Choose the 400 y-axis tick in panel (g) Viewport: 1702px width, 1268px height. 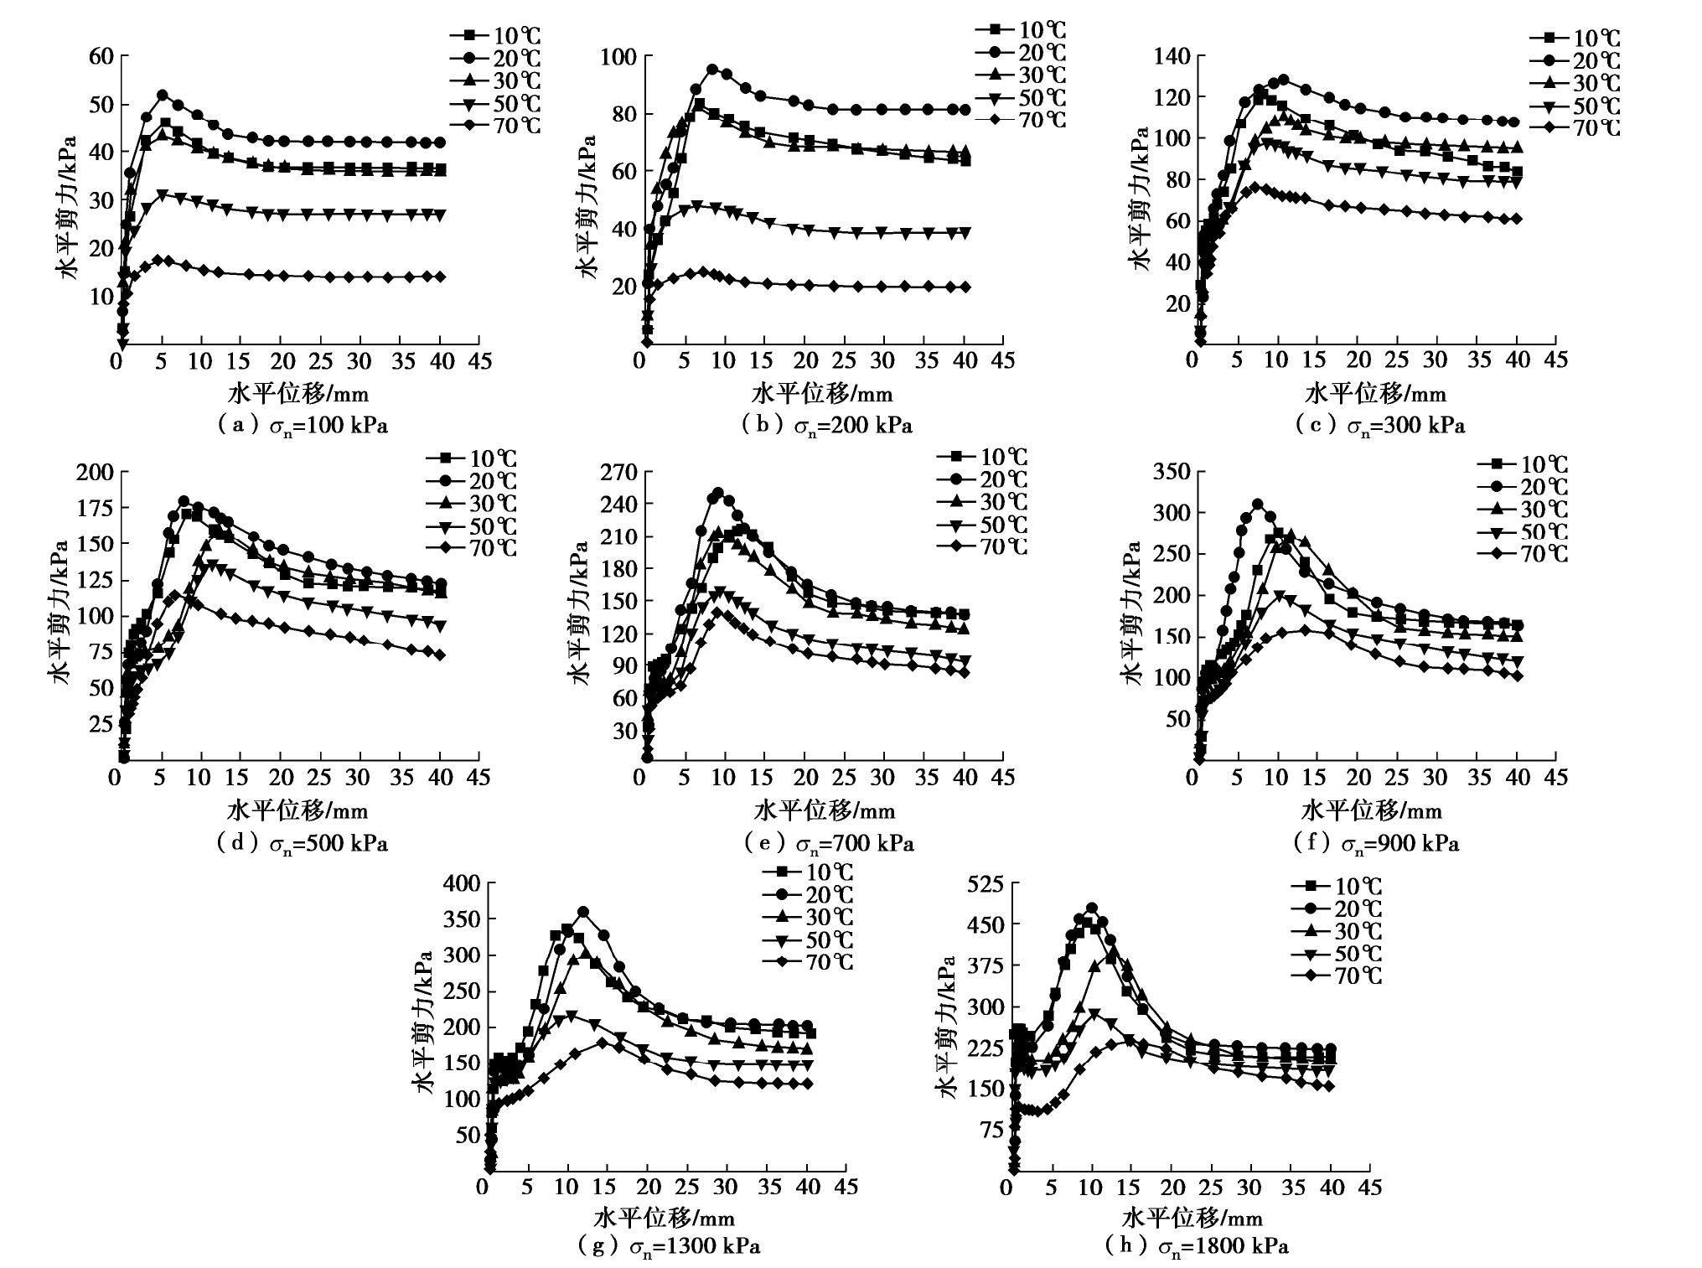pos(459,883)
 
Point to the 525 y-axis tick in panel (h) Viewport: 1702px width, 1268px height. pos(985,883)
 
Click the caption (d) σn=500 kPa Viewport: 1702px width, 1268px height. pos(303,843)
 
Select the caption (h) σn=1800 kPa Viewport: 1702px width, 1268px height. pos(1197,1245)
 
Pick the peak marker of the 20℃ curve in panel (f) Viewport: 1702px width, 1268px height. pos(1257,505)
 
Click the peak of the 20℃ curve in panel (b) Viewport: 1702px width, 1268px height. pos(712,70)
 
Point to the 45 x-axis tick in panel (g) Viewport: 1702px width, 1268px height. pos(846,1187)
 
